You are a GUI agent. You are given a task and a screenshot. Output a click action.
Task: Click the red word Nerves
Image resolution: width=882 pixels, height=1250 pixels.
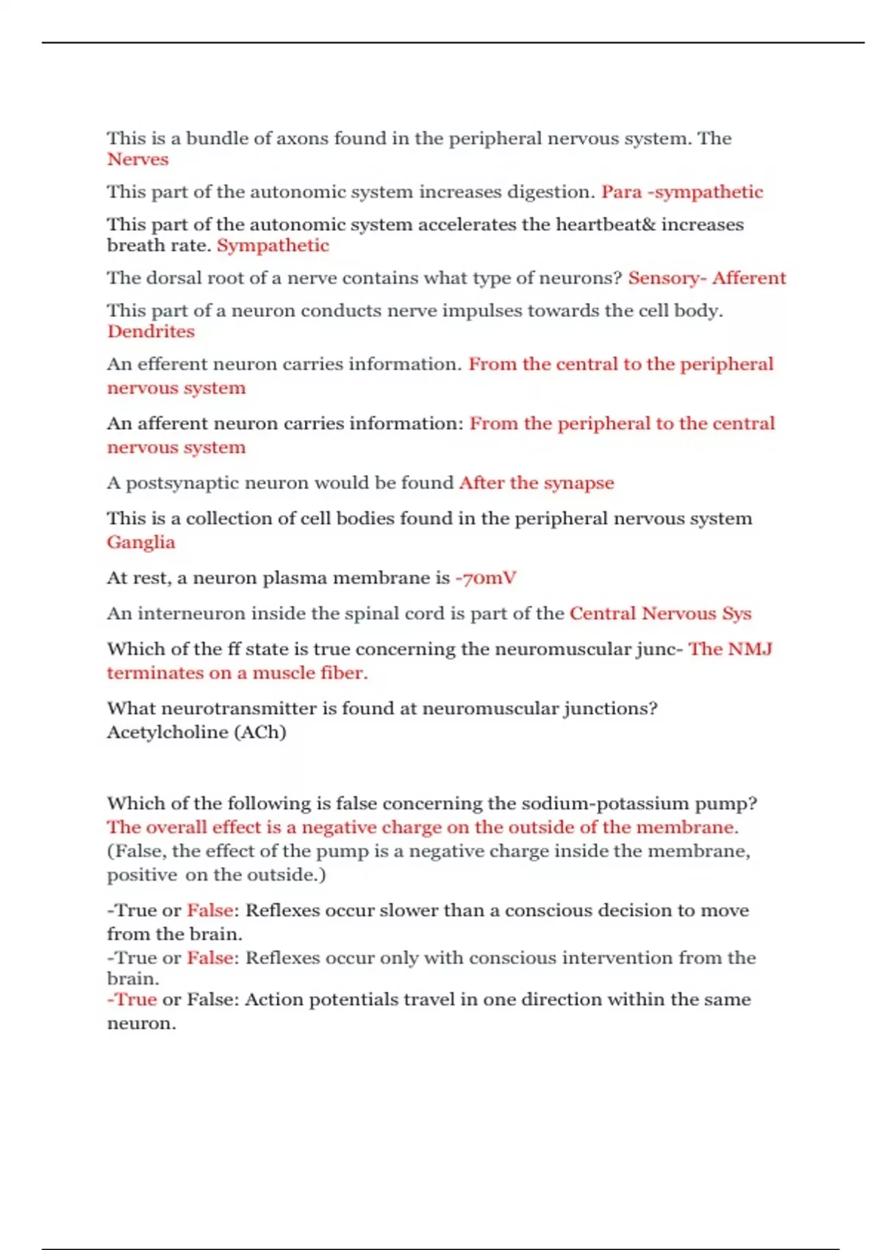[137, 160]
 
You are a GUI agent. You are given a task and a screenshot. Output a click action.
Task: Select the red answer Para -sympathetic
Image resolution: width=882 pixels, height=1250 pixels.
[682, 192]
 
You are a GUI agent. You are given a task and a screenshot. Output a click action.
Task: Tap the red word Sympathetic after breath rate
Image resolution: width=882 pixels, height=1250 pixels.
[273, 246]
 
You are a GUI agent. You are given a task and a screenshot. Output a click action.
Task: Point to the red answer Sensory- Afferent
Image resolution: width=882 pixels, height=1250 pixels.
[707, 278]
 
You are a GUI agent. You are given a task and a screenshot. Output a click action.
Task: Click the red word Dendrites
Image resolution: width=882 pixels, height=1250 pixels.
[151, 332]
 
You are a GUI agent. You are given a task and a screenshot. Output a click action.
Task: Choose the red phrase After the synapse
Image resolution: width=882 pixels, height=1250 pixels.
[537, 483]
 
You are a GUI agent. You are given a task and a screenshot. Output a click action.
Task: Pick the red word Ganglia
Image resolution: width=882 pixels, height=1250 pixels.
[141, 543]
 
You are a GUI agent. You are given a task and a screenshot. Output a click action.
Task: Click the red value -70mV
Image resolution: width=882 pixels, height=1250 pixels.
[486, 578]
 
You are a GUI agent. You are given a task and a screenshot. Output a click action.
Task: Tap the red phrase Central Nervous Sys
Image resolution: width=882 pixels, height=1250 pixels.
[660, 614]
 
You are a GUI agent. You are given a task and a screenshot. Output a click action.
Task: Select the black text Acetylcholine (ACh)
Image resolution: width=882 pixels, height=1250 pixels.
[196, 732]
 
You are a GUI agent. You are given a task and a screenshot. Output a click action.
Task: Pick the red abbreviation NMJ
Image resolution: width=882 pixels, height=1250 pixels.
[750, 649]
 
